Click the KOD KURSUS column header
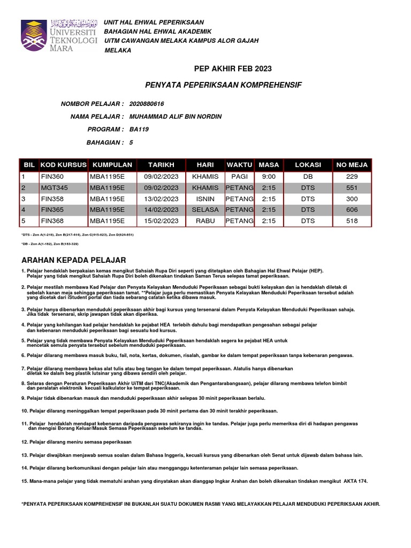click(63, 165)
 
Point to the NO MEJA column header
click(351, 165)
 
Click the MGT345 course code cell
click(53, 188)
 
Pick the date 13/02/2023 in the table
click(161, 199)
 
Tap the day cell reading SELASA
click(205, 210)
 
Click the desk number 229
click(351, 177)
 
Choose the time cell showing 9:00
click(269, 177)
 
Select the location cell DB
click(308, 177)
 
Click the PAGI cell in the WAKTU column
click(239, 177)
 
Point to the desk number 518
click(351, 221)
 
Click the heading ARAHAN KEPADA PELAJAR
click(73, 260)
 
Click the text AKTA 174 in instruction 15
click(356, 481)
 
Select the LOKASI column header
click(308, 165)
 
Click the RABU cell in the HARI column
click(205, 221)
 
